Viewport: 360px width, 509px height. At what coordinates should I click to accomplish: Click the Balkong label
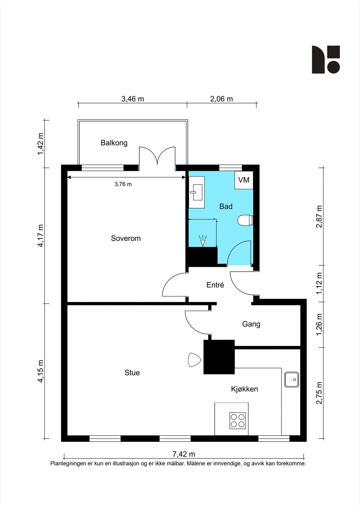click(x=114, y=143)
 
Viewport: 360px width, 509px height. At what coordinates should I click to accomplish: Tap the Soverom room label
click(x=126, y=238)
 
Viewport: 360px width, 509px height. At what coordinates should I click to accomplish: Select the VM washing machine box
click(x=244, y=180)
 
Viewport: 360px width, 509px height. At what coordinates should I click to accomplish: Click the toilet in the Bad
click(x=245, y=220)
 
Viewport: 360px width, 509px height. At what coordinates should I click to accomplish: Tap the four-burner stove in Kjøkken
click(x=238, y=420)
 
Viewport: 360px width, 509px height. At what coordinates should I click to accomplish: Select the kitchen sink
click(x=292, y=379)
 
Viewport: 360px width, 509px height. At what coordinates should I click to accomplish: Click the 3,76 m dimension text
click(x=123, y=184)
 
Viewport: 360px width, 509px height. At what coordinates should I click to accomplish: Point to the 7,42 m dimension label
click(x=184, y=454)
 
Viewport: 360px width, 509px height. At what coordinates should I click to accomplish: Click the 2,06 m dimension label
click(x=221, y=99)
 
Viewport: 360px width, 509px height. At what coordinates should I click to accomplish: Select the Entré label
click(x=215, y=285)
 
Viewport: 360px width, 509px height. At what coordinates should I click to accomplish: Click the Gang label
click(x=251, y=324)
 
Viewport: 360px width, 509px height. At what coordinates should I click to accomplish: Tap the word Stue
click(x=132, y=373)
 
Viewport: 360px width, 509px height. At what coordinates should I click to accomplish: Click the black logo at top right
click(x=326, y=59)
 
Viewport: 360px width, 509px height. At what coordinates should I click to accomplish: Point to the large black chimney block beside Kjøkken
click(x=219, y=357)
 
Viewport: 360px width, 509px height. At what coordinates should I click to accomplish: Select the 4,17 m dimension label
click(x=41, y=235)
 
